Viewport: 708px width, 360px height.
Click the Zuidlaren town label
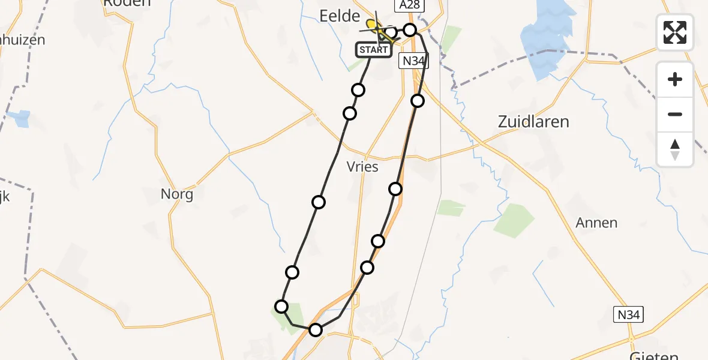point(533,122)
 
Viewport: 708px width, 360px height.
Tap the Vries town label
point(362,167)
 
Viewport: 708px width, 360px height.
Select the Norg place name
point(177,194)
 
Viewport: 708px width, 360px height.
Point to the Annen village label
point(596,223)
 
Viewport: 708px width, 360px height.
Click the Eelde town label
point(340,16)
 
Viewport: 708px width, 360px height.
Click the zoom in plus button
point(675,79)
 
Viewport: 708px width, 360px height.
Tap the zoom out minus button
point(675,114)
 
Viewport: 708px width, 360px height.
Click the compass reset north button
point(675,149)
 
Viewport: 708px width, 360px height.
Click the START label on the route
point(374,50)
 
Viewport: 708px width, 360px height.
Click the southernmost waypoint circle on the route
point(315,329)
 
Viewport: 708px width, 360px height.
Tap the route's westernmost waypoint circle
point(281,307)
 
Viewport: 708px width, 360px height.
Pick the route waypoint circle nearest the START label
point(390,32)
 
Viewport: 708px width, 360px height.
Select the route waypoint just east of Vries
point(395,189)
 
